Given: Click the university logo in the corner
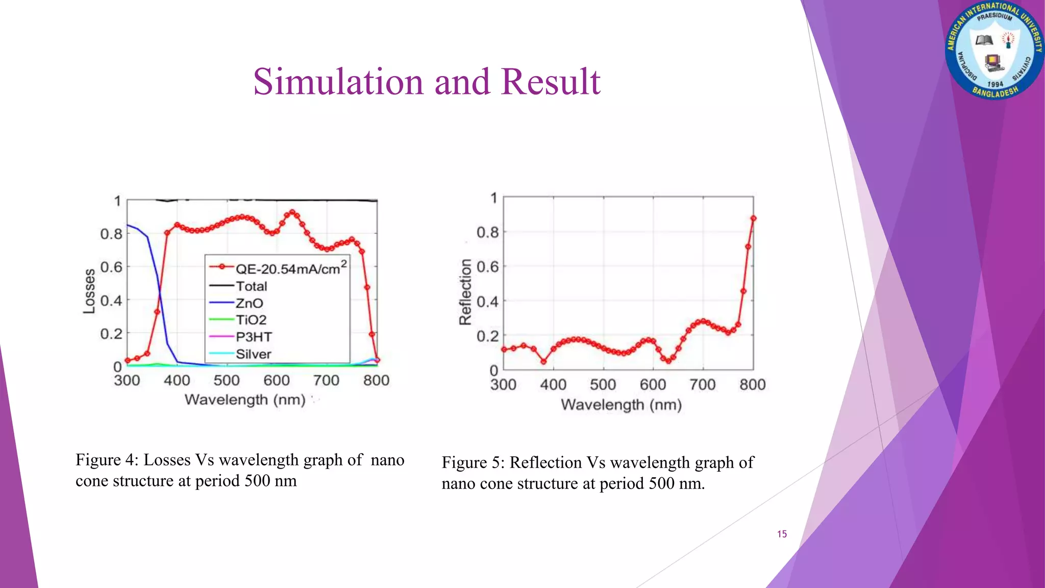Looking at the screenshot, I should click(x=994, y=50).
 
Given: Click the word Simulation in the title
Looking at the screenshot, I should click(x=339, y=82).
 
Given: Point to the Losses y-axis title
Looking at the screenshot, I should click(x=89, y=291).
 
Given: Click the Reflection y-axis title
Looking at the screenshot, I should click(x=465, y=291).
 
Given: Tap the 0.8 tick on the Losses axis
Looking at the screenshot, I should click(x=111, y=234).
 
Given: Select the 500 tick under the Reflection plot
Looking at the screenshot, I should click(x=603, y=384).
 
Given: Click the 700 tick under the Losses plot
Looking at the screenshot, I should click(x=326, y=380).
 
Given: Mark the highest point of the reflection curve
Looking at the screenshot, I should click(x=753, y=218).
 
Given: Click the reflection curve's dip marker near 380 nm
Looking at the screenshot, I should click(x=543, y=361).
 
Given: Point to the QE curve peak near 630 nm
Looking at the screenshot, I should click(x=292, y=212).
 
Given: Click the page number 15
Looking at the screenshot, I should click(x=782, y=534).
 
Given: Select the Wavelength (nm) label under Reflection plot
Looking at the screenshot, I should click(x=621, y=405).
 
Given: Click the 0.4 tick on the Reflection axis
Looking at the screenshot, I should click(x=487, y=301).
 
